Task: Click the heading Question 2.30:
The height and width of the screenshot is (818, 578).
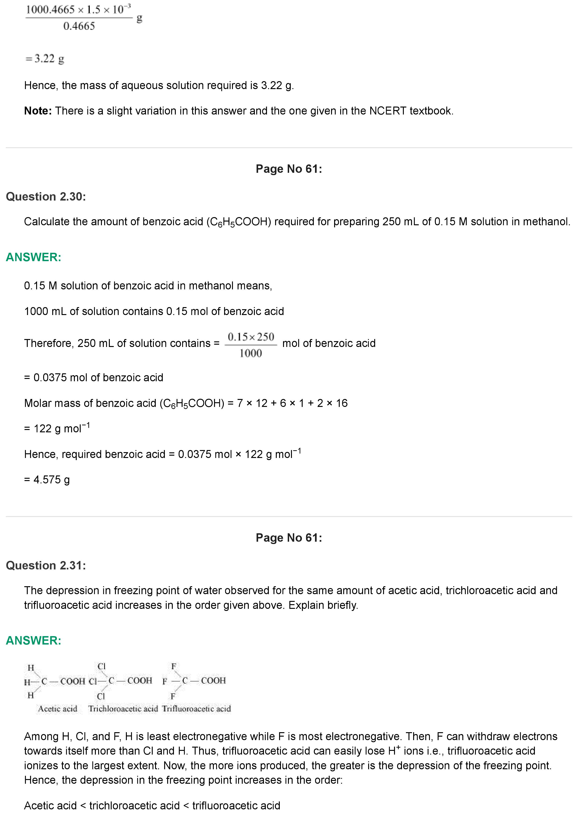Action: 46,197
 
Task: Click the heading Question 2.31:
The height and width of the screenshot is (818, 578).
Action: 46,565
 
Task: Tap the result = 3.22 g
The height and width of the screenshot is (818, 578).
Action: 45,59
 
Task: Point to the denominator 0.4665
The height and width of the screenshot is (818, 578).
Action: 79,26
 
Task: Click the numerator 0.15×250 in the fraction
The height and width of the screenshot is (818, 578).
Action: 251,337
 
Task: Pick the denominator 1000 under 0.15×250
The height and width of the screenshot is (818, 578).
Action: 251,354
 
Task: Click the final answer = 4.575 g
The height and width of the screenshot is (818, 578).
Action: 47,480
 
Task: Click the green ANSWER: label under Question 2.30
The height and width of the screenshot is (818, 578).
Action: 34,257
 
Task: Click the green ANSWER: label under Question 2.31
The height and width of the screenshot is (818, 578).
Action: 34,641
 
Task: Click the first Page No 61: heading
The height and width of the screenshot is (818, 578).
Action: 289,169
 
